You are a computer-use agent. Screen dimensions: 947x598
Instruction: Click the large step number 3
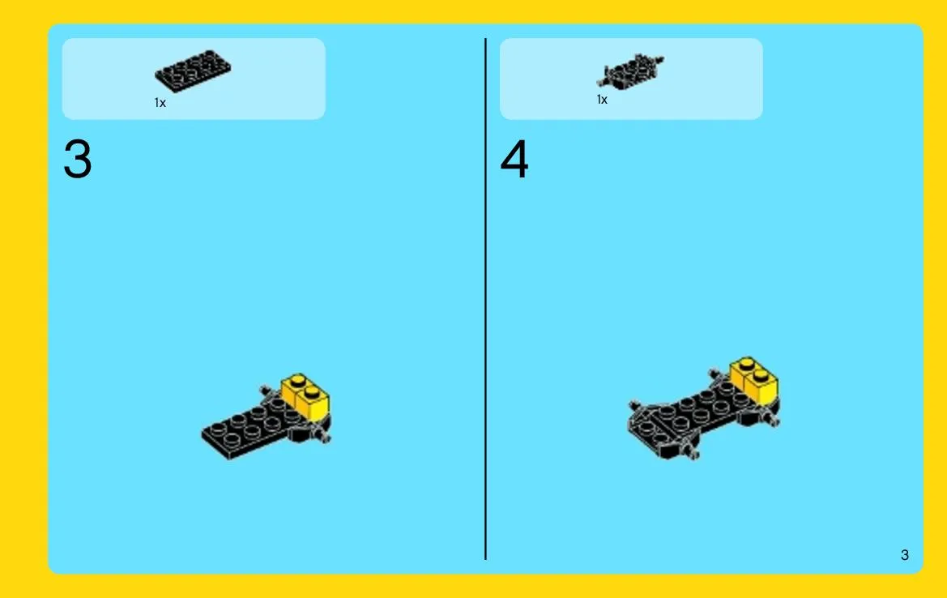click(77, 159)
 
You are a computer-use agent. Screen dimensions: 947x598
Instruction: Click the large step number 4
click(514, 159)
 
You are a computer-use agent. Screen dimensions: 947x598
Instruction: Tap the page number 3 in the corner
click(904, 554)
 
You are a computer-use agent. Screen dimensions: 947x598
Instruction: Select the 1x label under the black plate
click(160, 103)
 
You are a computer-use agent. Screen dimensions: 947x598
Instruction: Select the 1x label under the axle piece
click(602, 100)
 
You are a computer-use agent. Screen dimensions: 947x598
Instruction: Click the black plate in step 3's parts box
click(193, 70)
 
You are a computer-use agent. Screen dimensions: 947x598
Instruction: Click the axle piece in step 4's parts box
click(630, 70)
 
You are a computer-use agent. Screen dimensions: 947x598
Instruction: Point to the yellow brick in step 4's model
click(753, 378)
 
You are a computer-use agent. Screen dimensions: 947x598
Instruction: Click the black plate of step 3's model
click(253, 426)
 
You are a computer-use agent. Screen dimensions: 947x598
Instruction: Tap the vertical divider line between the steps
click(485, 299)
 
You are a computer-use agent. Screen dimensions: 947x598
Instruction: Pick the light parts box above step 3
click(194, 79)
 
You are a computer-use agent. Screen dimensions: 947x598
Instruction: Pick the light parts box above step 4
click(631, 79)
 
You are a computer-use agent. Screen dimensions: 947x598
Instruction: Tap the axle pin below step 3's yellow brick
click(324, 434)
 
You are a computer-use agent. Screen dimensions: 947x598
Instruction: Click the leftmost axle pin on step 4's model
click(634, 406)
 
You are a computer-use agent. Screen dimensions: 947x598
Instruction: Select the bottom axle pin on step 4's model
click(692, 451)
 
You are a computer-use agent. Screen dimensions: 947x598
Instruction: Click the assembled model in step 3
click(266, 416)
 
